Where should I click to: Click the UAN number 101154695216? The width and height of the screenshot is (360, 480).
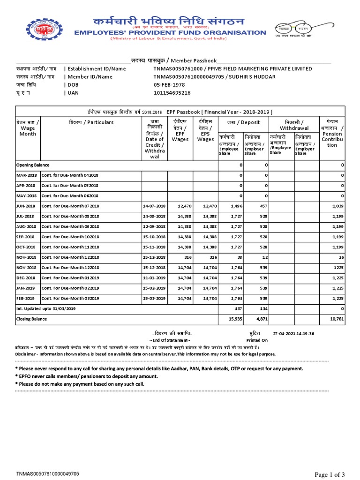tap(172, 93)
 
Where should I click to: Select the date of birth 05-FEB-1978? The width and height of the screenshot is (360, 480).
tap(169, 85)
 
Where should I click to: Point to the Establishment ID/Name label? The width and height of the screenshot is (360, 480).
tap(97, 69)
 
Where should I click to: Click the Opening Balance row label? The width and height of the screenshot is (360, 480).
tap(33, 165)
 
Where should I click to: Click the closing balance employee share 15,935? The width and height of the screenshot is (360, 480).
tap(235, 319)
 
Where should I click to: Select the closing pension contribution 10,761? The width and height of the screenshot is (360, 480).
tap(337, 319)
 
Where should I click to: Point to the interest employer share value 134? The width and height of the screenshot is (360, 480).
tap(263, 308)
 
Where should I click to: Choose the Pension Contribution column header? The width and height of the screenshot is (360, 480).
tap(332, 136)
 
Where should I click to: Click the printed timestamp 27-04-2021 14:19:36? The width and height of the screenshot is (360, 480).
tap(294, 334)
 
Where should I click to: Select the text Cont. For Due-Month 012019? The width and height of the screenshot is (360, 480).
tap(70, 277)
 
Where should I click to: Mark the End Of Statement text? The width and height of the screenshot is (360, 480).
tap(170, 340)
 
